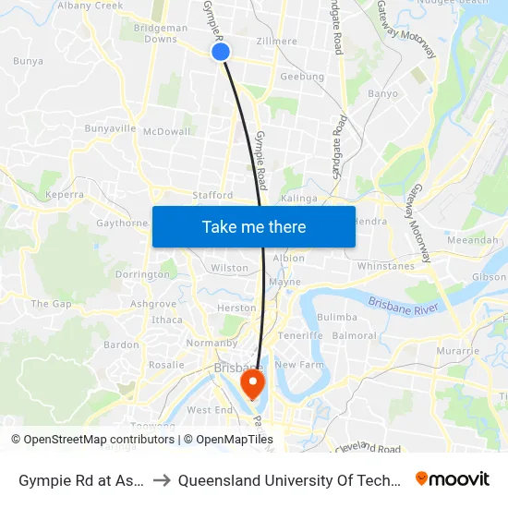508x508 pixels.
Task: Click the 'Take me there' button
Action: [254, 227]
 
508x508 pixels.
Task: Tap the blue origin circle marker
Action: [221, 52]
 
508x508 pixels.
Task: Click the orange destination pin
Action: [251, 382]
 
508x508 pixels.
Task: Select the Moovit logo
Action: [453, 479]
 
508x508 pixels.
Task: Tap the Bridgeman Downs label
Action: [161, 34]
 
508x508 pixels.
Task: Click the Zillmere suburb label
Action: [278, 42]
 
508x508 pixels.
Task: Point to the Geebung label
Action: [302, 77]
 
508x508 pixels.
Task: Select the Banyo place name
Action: [382, 93]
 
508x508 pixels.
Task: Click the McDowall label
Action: [167, 131]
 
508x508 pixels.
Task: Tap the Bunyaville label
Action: [110, 128]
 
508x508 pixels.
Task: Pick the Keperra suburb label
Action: [64, 195]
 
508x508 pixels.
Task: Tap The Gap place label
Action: [51, 304]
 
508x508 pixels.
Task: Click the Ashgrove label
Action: [153, 304]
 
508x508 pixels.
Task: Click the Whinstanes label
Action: [386, 266]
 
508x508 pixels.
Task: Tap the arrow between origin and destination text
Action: [162, 480]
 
